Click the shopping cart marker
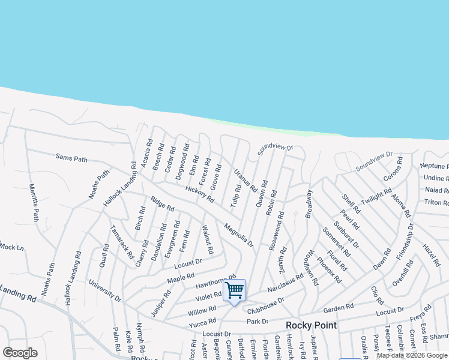click(235, 291)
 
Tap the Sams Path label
click(71, 159)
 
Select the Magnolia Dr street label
click(239, 235)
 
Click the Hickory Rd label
click(200, 194)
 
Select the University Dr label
click(105, 290)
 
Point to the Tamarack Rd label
click(122, 242)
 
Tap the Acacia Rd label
click(145, 154)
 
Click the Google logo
click(20, 353)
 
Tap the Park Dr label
click(257, 322)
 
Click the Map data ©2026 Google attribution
click(412, 355)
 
